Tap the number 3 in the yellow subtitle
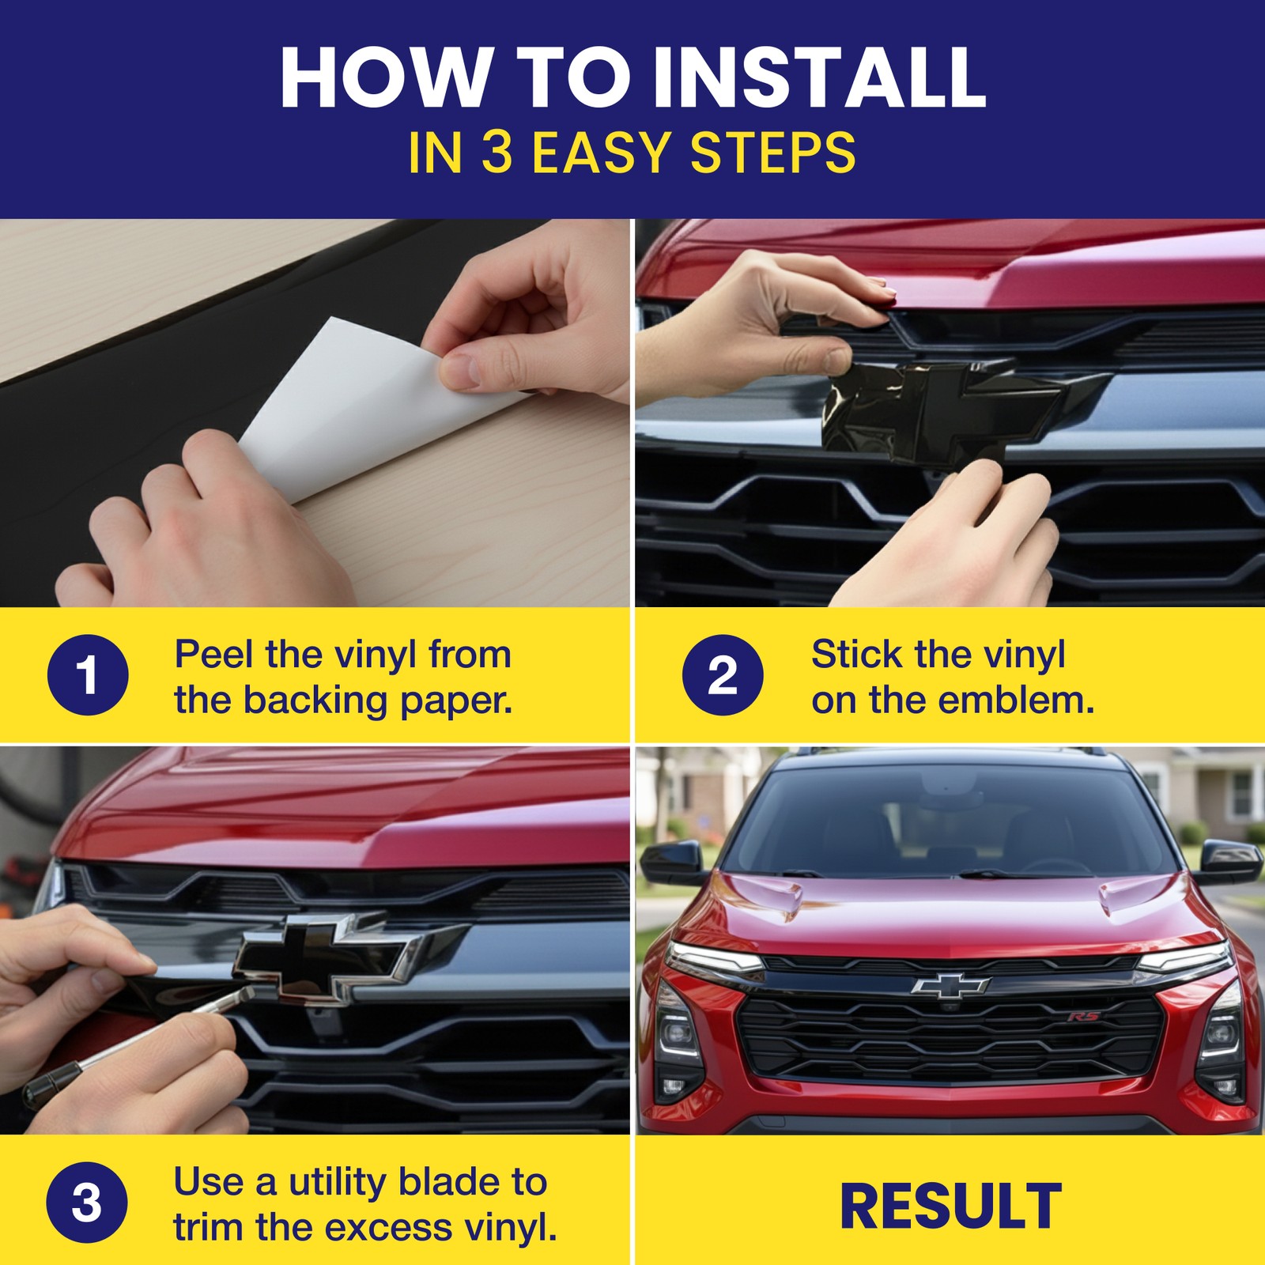pos(497,153)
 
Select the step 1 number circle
pos(87,675)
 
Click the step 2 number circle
pos(723,675)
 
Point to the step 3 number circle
pos(87,1203)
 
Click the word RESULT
pos(950,1206)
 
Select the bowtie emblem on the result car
pos(950,985)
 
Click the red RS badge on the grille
pos(1083,1016)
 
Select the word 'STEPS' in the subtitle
pos(772,153)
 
